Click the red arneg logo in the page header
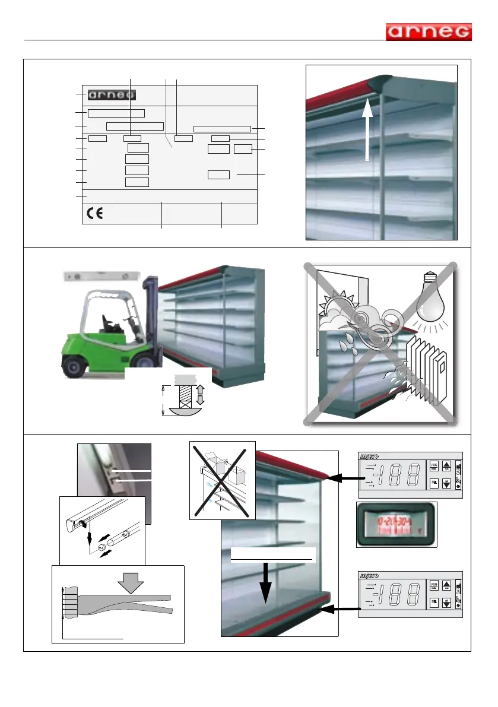coord(429,32)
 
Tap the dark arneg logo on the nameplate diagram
coord(112,95)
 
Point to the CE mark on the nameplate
coord(93,214)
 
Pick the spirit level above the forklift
coord(101,276)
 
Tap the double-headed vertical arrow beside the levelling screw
coord(201,395)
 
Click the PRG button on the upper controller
coord(434,465)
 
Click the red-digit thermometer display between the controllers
coord(397,524)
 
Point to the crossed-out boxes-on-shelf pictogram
coord(222,480)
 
